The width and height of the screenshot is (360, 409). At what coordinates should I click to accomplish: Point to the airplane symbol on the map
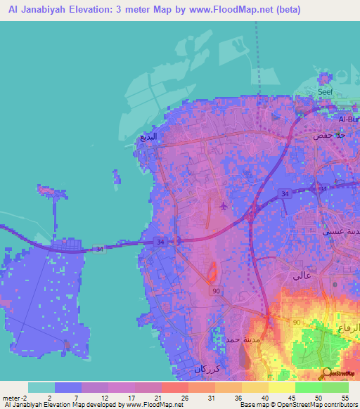point(224,206)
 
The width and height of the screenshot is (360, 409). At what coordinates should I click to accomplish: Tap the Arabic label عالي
point(302,276)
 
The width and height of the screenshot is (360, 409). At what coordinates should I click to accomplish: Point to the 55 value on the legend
point(345,397)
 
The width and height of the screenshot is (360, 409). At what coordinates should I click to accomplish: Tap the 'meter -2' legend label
point(15,397)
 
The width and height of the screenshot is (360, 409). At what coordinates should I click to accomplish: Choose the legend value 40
point(264,397)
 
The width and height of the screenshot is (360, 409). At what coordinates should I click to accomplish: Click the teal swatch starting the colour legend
point(41,387)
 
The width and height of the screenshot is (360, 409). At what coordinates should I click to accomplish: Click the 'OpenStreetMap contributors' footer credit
point(318,405)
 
